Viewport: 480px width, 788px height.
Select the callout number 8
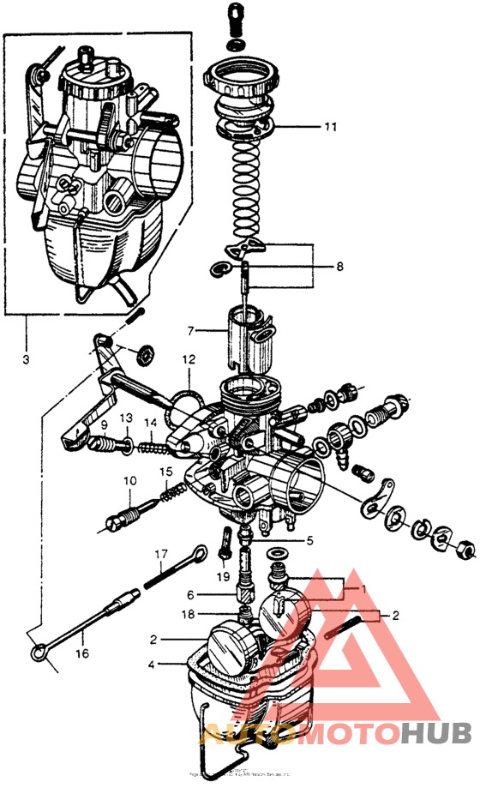[x=339, y=267]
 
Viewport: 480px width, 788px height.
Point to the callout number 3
[x=25, y=358]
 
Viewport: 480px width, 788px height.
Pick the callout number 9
[x=103, y=425]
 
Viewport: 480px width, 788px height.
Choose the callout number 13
[x=125, y=418]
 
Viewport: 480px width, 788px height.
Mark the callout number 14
[x=151, y=422]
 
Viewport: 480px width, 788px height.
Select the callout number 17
[x=159, y=555]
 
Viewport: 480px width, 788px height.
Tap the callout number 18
[x=193, y=614]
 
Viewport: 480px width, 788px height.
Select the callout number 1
[x=363, y=590]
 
